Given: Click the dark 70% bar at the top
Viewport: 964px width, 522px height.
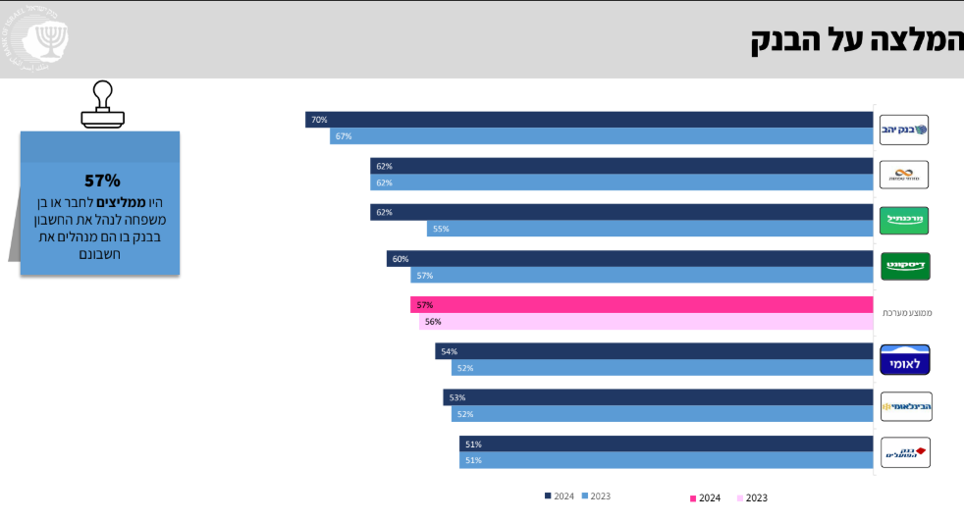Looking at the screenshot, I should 589,120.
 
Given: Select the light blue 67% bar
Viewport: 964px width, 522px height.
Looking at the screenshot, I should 601,136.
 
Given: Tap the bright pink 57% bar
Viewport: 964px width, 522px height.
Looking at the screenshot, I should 641,305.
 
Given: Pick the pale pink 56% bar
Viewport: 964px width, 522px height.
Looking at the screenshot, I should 646,322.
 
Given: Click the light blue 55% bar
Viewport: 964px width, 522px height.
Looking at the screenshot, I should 650,229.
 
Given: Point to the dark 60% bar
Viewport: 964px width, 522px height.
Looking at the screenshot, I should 629,259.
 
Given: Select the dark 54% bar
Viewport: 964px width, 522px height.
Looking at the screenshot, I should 654,351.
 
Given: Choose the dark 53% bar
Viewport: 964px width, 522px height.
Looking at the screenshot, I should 658,397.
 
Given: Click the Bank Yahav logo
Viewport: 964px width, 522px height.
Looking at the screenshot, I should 904,129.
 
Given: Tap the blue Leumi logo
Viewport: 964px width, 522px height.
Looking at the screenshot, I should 904,360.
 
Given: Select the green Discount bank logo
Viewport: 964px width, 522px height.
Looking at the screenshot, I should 904,266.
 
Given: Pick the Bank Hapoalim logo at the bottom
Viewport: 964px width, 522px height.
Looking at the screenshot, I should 904,452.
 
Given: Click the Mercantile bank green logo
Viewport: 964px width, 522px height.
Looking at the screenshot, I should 904,220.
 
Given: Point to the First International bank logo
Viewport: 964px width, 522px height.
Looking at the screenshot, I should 904,406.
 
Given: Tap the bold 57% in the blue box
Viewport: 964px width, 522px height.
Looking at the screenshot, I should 102,181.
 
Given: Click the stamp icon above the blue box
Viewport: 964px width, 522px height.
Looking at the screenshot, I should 103,104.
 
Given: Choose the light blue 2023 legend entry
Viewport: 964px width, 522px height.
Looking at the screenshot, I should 595,496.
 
